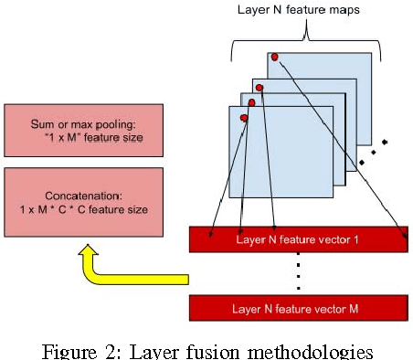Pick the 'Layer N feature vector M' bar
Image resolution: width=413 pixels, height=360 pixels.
[297, 308]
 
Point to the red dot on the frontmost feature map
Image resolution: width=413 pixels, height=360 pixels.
[243, 118]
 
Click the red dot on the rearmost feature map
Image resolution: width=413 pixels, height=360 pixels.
[274, 57]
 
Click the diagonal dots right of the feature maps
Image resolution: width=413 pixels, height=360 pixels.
[374, 152]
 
